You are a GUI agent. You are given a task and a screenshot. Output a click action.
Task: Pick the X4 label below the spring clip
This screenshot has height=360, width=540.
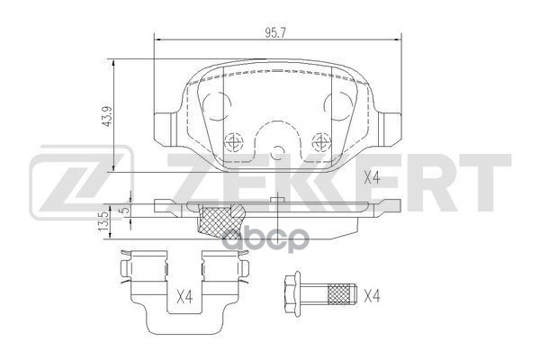click(x=184, y=294)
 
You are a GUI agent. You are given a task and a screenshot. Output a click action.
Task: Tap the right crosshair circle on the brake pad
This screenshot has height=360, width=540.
click(x=319, y=140)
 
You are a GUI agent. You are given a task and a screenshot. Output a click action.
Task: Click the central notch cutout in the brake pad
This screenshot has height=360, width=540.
click(x=277, y=148)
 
